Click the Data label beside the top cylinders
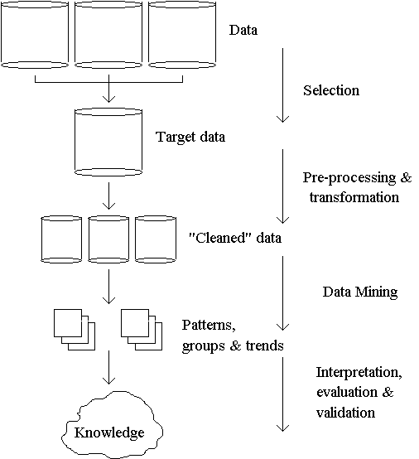(x=243, y=30)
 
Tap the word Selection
(x=331, y=90)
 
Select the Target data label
(x=190, y=137)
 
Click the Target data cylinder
(x=108, y=143)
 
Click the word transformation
(x=354, y=197)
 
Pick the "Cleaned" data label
(x=235, y=238)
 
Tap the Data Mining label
(x=360, y=292)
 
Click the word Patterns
(x=209, y=326)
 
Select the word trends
(x=264, y=345)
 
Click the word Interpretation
(x=359, y=373)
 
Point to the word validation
(x=345, y=413)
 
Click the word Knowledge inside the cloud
(x=109, y=433)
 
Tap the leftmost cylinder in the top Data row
(x=35, y=35)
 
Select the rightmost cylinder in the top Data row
(x=182, y=35)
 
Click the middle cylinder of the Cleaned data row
(x=108, y=239)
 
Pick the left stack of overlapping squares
(x=75, y=330)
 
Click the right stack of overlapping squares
(x=142, y=330)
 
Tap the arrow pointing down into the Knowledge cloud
(x=108, y=367)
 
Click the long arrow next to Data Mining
(x=282, y=293)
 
